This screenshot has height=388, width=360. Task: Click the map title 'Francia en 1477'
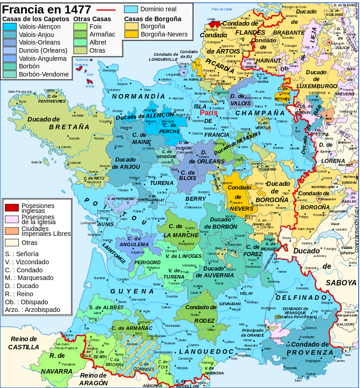(47, 9)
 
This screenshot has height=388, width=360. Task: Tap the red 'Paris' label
(209, 113)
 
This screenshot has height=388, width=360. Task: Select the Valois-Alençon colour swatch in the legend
(9, 27)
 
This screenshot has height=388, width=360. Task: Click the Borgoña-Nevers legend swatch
(131, 34)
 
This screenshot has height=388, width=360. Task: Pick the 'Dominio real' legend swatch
(131, 9)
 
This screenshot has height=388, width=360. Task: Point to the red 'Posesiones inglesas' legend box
(12, 208)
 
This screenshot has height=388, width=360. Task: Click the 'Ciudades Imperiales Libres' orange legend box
(12, 230)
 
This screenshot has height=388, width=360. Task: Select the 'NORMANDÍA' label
(139, 96)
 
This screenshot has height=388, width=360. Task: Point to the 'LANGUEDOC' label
(206, 351)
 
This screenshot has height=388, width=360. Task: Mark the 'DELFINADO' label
(301, 298)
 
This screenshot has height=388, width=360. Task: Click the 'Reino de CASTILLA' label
(23, 343)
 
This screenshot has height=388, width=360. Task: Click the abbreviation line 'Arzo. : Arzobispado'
(32, 310)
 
